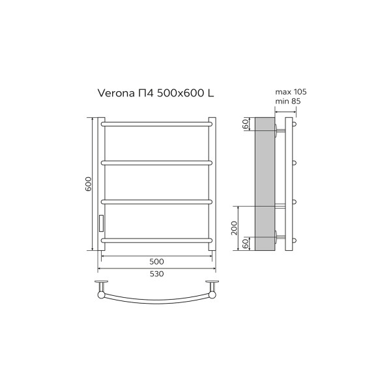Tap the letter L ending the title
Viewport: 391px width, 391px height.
210,93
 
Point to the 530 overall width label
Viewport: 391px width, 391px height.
156,273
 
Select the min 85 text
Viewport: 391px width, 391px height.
287,102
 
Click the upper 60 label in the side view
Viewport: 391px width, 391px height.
246,124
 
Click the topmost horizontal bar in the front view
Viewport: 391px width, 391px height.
156,122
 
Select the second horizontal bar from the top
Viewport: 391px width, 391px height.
156,161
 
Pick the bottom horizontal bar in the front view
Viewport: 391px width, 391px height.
156,240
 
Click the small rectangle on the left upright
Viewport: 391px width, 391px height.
100,224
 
